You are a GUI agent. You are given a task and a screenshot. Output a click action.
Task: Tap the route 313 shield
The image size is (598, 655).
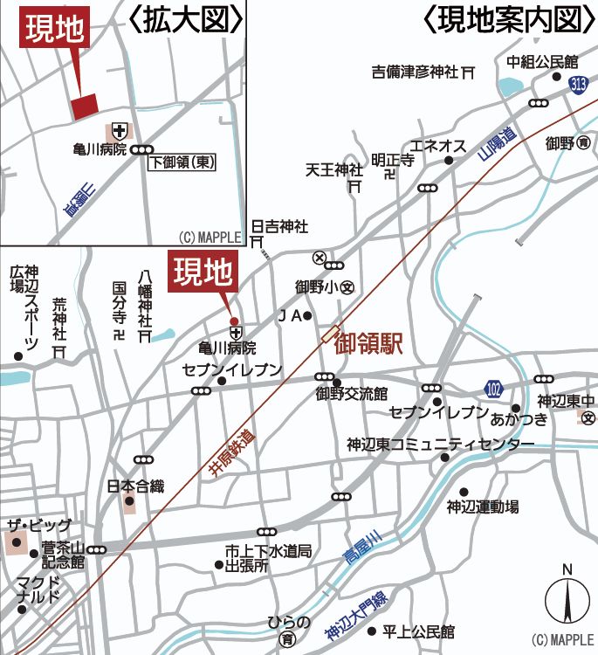coord(577,84)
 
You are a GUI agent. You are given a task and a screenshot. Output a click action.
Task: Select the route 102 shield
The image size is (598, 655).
coord(495,387)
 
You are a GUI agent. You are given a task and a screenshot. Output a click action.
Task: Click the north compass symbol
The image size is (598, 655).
coord(567,600)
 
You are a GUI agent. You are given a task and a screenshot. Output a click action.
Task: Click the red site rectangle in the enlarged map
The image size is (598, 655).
coord(84,106)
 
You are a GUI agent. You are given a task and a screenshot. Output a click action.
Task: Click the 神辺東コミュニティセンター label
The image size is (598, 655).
coord(440,445)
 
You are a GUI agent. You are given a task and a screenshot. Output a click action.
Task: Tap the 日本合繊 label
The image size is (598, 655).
coord(135,486)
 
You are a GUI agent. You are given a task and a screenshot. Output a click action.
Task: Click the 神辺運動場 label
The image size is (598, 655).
coord(483,506)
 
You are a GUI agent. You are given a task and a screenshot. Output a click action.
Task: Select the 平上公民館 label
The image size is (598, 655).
coord(423,631)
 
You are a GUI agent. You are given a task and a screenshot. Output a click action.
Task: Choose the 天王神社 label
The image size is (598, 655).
coord(333,169)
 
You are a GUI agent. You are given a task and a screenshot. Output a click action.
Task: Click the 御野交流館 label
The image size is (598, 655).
coord(351,394)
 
